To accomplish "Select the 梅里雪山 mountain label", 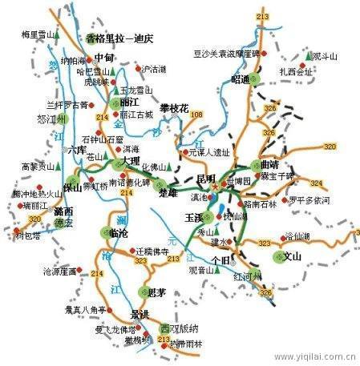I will click(x=38, y=34).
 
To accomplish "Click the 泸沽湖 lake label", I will click(x=152, y=69).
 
